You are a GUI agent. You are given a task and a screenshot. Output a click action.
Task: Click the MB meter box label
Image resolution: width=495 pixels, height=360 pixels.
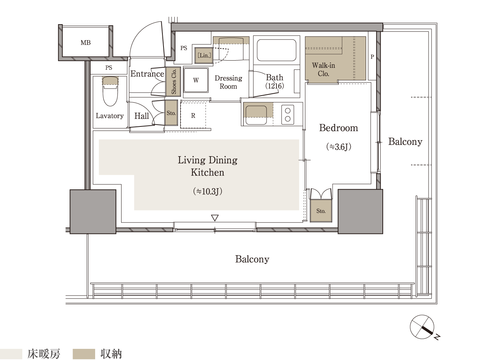(85, 42)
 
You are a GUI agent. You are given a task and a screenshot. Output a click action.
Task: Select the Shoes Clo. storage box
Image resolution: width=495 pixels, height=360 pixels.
(174, 81)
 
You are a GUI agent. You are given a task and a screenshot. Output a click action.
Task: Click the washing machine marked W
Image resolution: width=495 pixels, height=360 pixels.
(196, 80)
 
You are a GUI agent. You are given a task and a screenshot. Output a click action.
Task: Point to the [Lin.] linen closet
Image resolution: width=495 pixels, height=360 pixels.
(204, 55)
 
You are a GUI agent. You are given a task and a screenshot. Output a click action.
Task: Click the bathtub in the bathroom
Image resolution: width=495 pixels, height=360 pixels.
(276, 50)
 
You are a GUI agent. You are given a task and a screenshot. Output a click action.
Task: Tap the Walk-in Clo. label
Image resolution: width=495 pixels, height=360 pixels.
(323, 69)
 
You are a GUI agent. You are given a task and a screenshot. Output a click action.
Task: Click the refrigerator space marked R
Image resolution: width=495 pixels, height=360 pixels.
(193, 115)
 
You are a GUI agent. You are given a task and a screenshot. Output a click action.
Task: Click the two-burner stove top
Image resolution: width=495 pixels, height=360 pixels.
(288, 115)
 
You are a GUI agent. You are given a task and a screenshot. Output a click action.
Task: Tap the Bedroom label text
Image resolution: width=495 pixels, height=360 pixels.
(339, 128)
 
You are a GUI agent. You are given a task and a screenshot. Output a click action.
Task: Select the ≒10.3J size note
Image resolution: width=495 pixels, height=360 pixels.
(208, 191)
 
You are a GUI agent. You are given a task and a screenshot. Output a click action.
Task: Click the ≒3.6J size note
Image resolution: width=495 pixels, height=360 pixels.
(339, 147)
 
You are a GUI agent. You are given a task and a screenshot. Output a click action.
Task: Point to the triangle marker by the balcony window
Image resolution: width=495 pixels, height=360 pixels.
(215, 218)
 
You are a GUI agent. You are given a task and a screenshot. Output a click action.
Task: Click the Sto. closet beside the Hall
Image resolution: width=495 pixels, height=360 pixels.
(171, 113)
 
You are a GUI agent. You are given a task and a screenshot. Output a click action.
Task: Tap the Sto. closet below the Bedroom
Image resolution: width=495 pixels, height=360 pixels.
(321, 211)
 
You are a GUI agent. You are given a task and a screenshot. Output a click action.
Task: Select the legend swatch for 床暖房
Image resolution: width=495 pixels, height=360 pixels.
(11, 354)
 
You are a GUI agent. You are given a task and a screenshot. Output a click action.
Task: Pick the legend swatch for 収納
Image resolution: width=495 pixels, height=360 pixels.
(84, 354)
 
